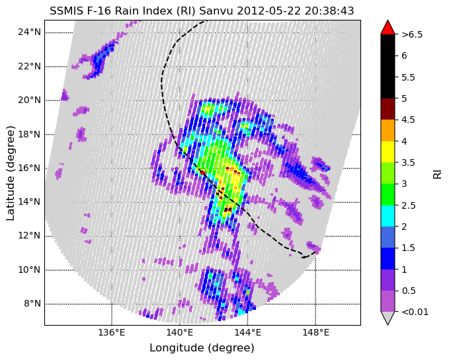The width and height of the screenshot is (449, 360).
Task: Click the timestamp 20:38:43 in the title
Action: coord(329,11)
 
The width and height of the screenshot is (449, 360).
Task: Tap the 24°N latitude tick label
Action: coord(30,32)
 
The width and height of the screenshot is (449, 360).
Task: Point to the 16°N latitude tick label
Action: coord(30,168)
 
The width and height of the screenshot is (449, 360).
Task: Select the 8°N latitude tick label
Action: coord(32,303)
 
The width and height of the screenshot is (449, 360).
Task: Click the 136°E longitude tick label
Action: coord(111,332)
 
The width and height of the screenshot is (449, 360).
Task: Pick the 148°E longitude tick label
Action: coord(315,332)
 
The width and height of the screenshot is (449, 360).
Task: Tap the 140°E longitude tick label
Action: coord(180,332)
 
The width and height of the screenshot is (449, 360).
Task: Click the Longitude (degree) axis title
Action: coord(202,348)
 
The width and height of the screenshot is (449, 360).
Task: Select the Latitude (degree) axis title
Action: coord(10,172)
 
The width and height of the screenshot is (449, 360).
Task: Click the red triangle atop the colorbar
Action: coord(388,28)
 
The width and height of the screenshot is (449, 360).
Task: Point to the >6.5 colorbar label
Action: coord(412,34)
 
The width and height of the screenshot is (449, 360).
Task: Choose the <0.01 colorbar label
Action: coord(415,312)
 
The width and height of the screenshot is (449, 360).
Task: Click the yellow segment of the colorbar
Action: coord(388,152)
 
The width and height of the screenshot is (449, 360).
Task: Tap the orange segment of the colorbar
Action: coord(388,130)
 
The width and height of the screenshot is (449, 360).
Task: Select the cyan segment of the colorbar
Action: coord(388,216)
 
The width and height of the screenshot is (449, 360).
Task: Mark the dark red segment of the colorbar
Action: coord(388,109)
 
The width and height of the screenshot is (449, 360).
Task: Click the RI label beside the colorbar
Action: coord(438,174)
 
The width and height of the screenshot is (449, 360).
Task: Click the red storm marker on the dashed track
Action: coord(202,172)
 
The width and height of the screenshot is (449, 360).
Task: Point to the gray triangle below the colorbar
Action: coord(388,318)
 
